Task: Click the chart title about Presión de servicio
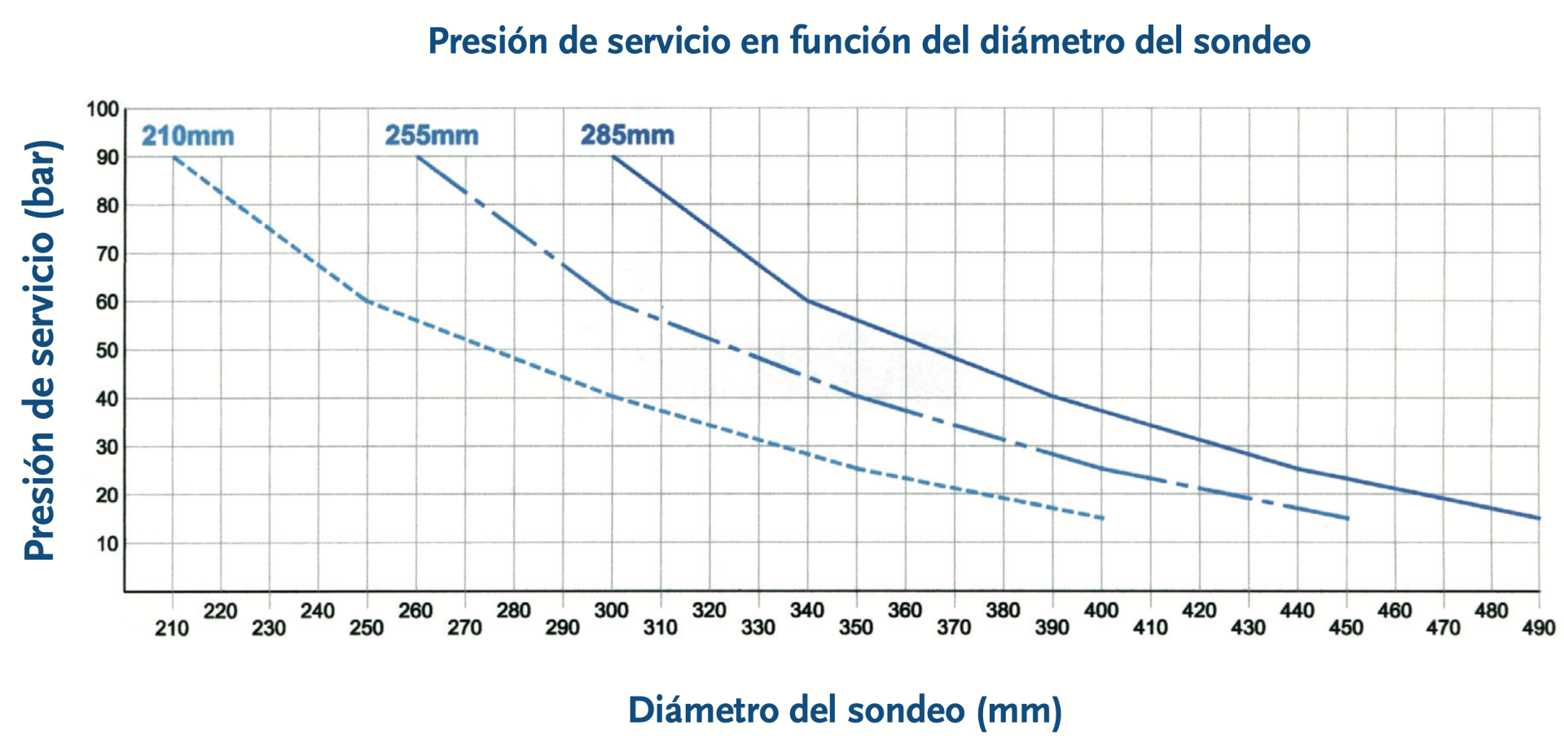[868, 41]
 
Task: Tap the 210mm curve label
[187, 135]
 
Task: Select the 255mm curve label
[432, 134]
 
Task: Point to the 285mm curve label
[627, 134]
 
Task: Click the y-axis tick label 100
[103, 109]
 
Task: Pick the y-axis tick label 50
[108, 350]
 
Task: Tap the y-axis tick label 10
[108, 543]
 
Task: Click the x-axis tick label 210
[172, 628]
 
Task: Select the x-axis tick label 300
[611, 610]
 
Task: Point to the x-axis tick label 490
[1539, 628]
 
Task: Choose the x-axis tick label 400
[1101, 610]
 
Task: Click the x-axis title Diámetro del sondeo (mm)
[845, 710]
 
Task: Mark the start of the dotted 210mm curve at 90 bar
[174, 156]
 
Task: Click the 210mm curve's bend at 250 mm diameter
[367, 301]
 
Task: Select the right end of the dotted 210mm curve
[1102, 518]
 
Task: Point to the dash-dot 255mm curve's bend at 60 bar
[612, 301]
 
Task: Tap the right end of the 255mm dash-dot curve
[1347, 518]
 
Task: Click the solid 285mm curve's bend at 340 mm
[808, 301]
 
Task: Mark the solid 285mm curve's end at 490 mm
[1539, 518]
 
